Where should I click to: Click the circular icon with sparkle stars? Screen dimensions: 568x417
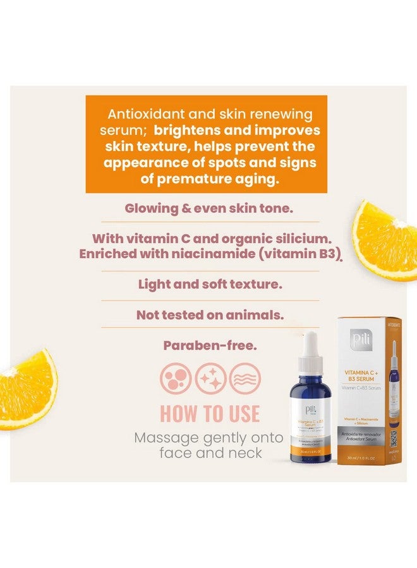click(210, 379)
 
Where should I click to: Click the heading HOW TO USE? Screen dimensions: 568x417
click(210, 413)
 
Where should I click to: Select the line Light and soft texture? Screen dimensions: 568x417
click(210, 284)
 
